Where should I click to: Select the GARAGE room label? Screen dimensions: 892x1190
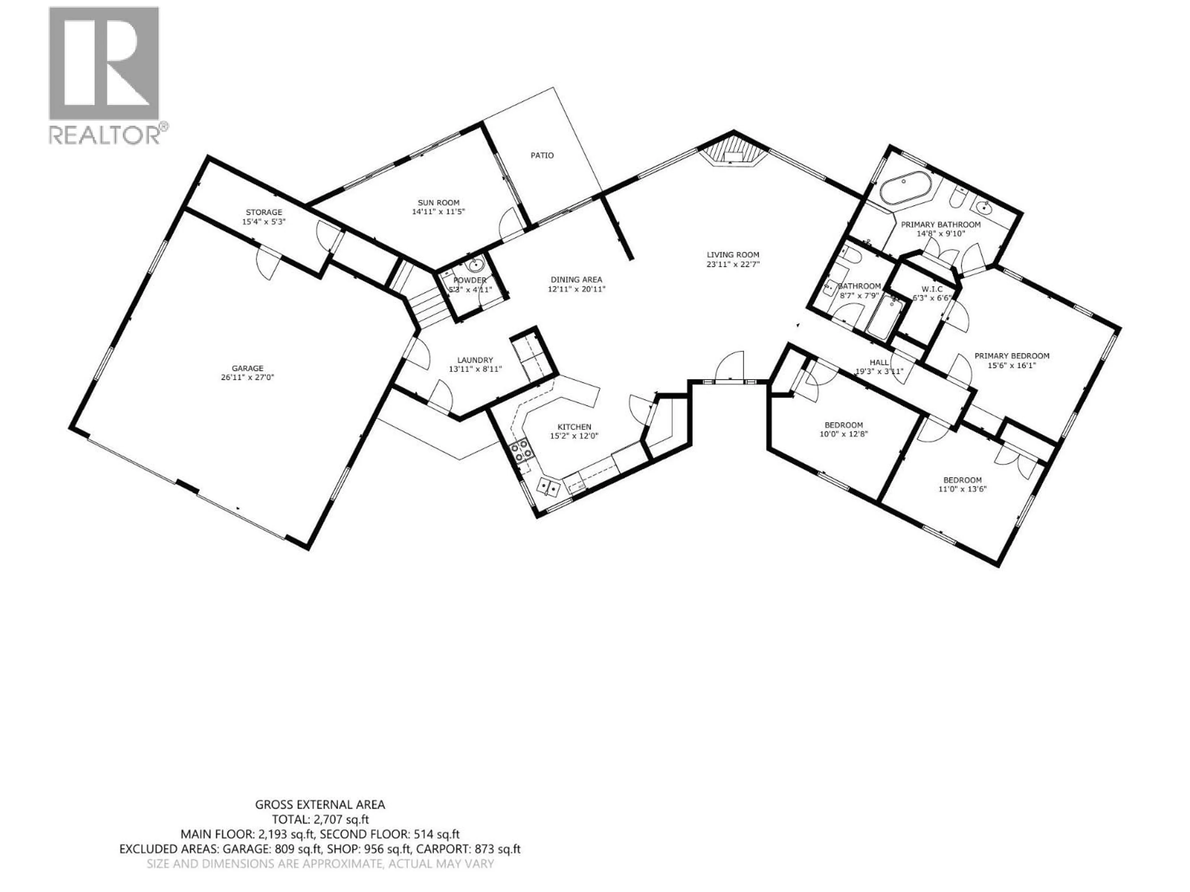(x=248, y=368)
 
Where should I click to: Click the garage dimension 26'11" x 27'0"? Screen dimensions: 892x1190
(x=248, y=378)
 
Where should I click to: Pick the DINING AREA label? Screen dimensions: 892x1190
(x=576, y=280)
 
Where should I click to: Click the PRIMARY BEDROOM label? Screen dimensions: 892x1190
(x=1011, y=356)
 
